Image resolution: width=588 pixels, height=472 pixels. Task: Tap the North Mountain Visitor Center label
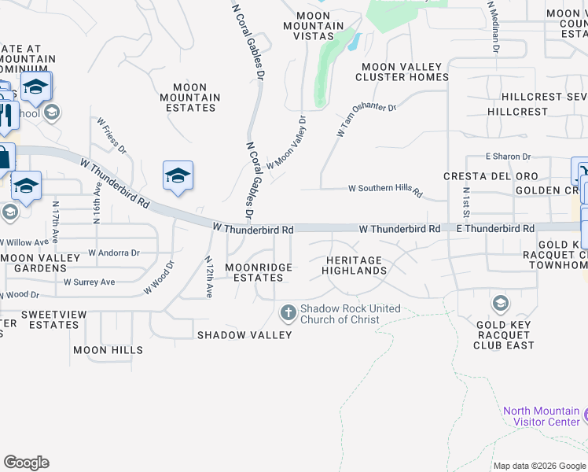click(542, 416)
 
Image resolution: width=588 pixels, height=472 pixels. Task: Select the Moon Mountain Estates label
click(189, 98)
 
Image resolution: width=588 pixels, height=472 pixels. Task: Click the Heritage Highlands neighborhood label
click(354, 265)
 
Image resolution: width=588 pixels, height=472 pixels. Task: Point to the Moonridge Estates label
click(259, 272)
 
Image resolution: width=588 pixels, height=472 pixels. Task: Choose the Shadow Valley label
click(244, 334)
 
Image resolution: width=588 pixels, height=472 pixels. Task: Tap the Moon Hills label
click(108, 350)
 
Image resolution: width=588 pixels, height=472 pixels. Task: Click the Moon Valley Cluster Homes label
click(402, 72)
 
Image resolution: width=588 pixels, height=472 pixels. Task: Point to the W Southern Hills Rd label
click(385, 189)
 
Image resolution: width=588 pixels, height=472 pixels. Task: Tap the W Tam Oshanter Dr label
click(366, 118)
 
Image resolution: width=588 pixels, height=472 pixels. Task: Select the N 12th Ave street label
click(208, 277)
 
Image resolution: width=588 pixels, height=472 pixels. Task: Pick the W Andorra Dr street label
click(113, 253)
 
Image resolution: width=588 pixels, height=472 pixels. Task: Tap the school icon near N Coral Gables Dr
click(178, 175)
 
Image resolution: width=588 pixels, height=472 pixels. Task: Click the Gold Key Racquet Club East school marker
click(500, 304)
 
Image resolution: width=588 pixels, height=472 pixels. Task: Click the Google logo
click(26, 463)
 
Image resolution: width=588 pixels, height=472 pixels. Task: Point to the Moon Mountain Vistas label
click(314, 26)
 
